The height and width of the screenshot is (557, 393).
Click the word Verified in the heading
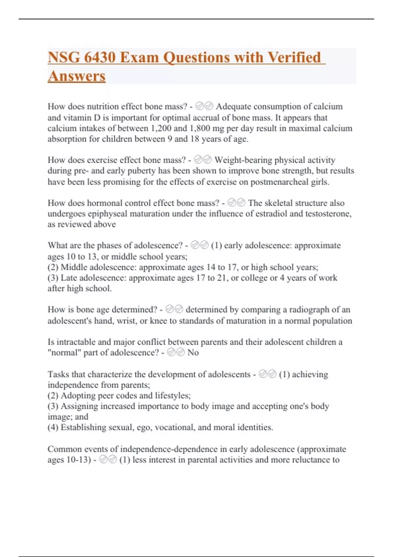(x=294, y=57)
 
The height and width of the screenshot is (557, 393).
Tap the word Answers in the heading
(x=77, y=76)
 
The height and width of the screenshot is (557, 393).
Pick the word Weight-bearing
(x=243, y=160)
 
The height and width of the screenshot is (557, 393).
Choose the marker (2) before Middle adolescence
(x=53, y=267)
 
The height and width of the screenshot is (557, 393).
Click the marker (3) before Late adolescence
(x=53, y=278)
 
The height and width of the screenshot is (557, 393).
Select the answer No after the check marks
(x=193, y=353)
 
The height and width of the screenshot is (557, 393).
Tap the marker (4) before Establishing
(x=53, y=427)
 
